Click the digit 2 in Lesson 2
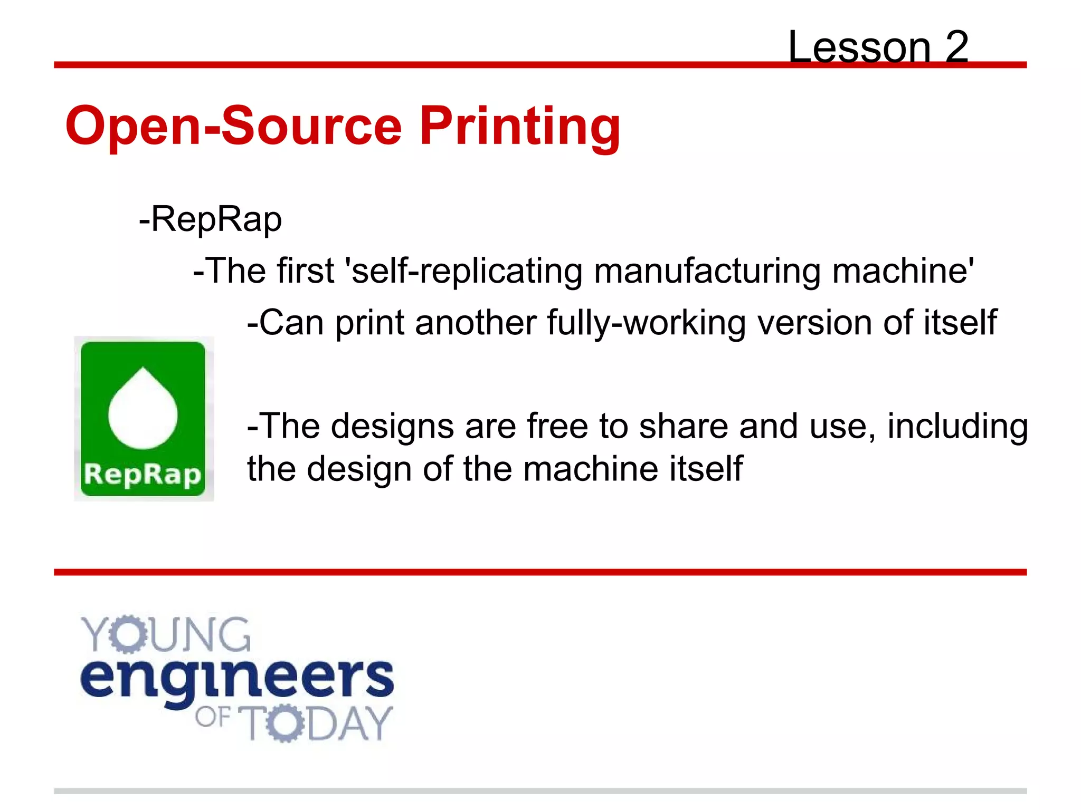956,47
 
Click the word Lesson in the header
859,47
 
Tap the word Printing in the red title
519,127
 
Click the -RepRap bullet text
210,219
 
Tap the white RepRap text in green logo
143,475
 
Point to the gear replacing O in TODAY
286,723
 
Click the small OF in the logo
212,717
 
